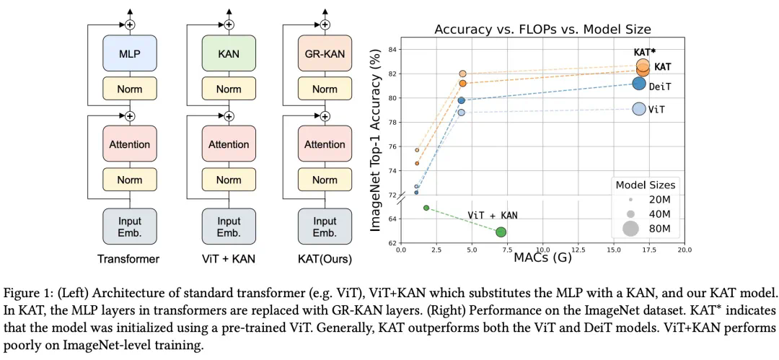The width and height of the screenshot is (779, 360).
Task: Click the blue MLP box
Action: tap(130, 53)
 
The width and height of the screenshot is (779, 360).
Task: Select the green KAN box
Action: tap(229, 53)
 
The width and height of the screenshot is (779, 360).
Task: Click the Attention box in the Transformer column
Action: tap(130, 144)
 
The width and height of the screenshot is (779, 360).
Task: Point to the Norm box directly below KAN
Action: tap(229, 89)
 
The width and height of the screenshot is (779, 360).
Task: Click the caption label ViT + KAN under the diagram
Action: tap(229, 258)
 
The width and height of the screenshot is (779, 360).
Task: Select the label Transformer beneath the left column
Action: tap(130, 258)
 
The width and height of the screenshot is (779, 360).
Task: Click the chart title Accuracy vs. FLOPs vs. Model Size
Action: tap(542, 30)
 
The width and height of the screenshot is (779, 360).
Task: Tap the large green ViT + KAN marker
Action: tap(501, 232)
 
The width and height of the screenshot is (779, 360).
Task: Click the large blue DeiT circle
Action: tap(639, 83)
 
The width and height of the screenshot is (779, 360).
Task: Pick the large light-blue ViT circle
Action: tap(639, 109)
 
